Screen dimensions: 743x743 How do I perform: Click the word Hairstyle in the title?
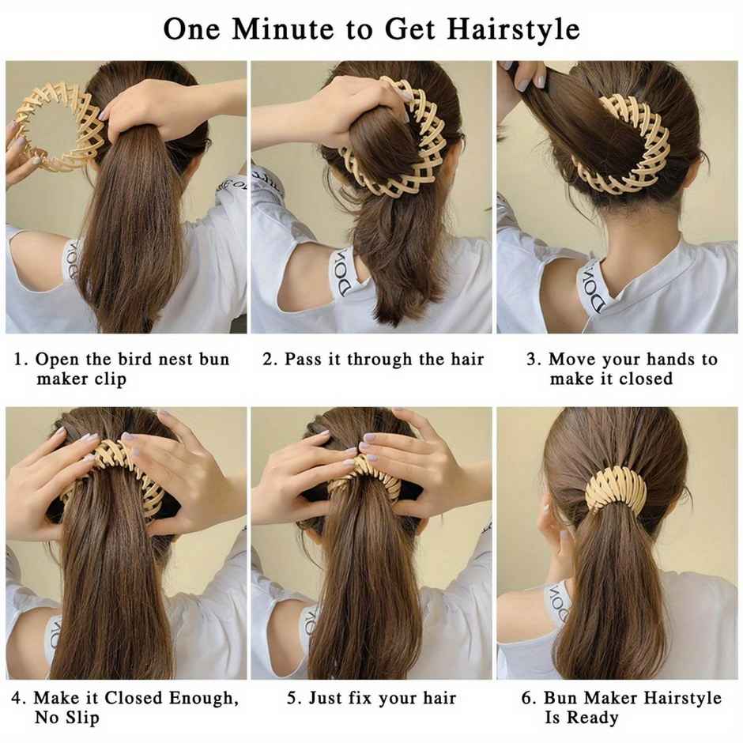(514, 28)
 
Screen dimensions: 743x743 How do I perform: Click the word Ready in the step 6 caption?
(593, 718)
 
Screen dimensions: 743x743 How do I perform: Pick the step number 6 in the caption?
(527, 698)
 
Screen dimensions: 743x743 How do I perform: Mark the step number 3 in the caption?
(533, 360)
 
